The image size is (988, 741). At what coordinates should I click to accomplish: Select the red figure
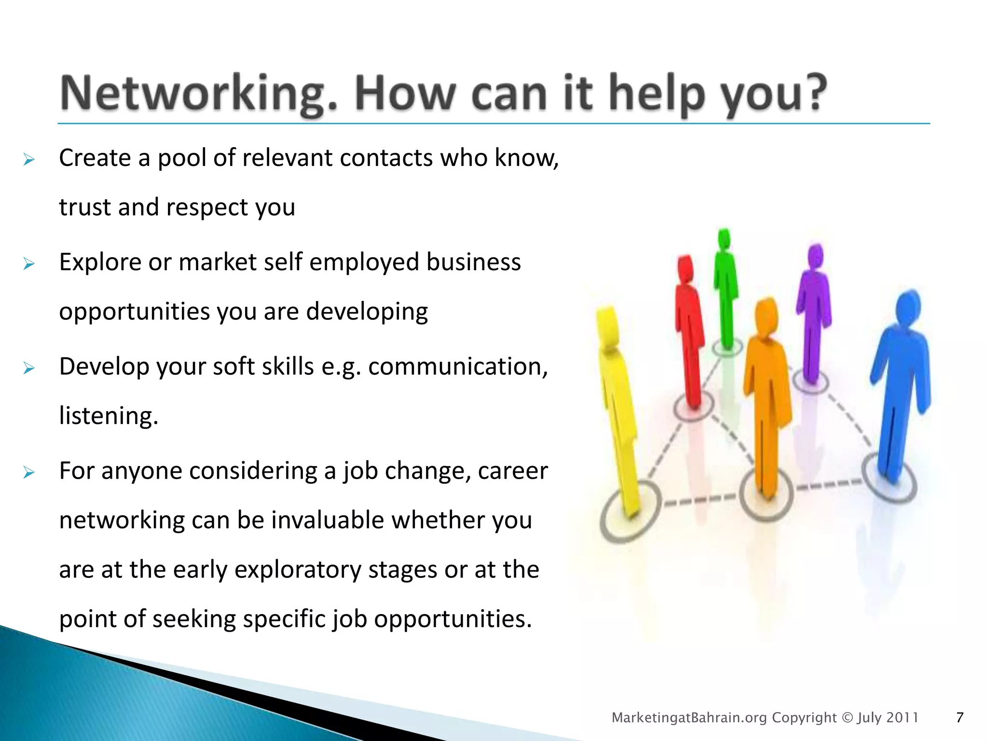pyautogui.click(x=690, y=333)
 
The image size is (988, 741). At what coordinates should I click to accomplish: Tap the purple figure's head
pyautogui.click(x=815, y=256)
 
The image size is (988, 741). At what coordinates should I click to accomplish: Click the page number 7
pyautogui.click(x=960, y=718)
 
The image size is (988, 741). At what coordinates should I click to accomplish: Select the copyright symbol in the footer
pyautogui.click(x=847, y=718)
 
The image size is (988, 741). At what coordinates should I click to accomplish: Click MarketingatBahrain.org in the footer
pyautogui.click(x=689, y=718)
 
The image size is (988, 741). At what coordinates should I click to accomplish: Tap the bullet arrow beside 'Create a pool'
pyautogui.click(x=29, y=159)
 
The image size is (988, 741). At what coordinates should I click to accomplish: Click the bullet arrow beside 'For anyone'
pyautogui.click(x=29, y=472)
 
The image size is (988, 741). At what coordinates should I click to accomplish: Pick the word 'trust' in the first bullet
pyautogui.click(x=85, y=207)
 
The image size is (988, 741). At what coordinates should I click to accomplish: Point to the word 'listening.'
pyautogui.click(x=109, y=416)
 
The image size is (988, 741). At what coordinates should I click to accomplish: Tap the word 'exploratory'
pyautogui.click(x=298, y=570)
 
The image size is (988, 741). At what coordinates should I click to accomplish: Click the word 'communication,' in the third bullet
pyautogui.click(x=458, y=367)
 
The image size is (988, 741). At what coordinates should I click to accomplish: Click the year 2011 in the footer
pyautogui.click(x=902, y=718)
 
